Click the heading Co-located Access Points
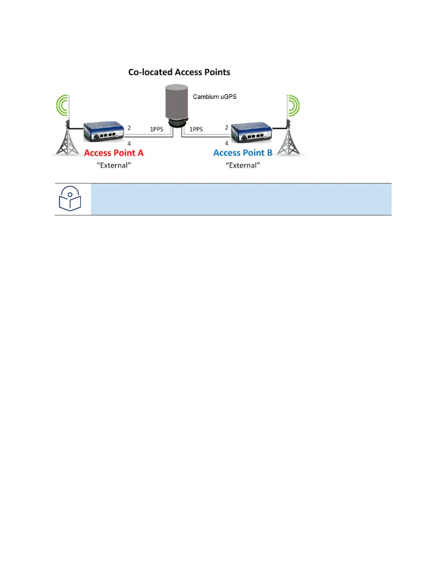coord(179,72)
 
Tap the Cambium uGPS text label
coord(214,97)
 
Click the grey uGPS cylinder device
coord(177,103)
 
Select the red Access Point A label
coord(114,153)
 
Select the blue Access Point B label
coord(243,153)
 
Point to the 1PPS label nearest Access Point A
coord(156,129)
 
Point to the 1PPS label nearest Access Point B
coord(196,129)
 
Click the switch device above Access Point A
coord(103,132)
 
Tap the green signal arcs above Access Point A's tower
coord(62,105)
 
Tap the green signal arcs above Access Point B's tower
coord(294,105)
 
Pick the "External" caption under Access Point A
coord(114,165)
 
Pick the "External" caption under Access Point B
coord(243,165)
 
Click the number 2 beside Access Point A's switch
coord(129,128)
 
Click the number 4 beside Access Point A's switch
coord(129,144)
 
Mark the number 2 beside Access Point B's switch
coord(226,127)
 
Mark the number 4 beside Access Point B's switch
coord(226,143)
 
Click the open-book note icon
coord(70,199)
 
